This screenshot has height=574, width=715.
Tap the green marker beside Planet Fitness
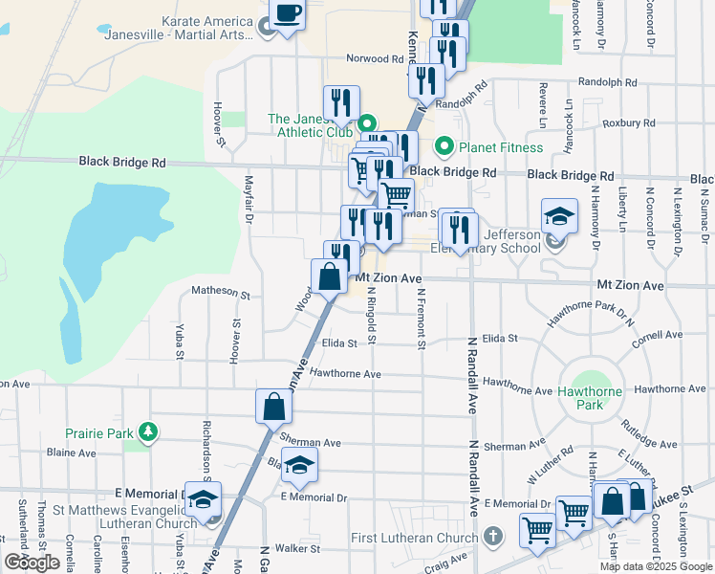(x=444, y=147)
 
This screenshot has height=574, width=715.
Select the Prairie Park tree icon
(x=147, y=433)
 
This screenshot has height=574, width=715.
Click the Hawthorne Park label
(x=591, y=398)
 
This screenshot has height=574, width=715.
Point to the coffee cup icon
(x=287, y=14)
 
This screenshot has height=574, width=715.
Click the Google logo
(x=32, y=563)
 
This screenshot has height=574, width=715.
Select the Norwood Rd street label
(x=375, y=58)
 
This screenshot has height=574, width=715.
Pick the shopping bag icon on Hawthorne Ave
(x=273, y=407)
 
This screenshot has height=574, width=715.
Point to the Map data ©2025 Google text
(x=656, y=566)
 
